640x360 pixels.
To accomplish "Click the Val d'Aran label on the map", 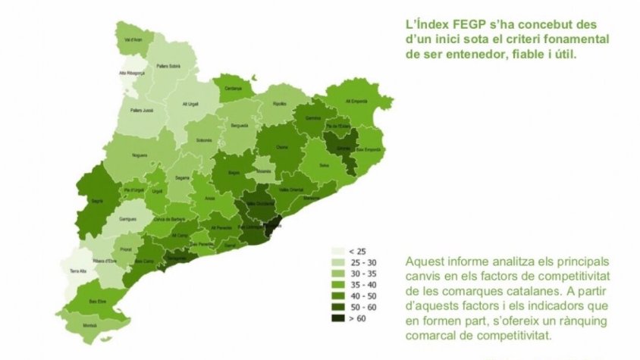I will point(130,39).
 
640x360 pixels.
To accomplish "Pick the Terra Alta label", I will point(78,271).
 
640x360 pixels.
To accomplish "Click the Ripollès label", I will point(280,102).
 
